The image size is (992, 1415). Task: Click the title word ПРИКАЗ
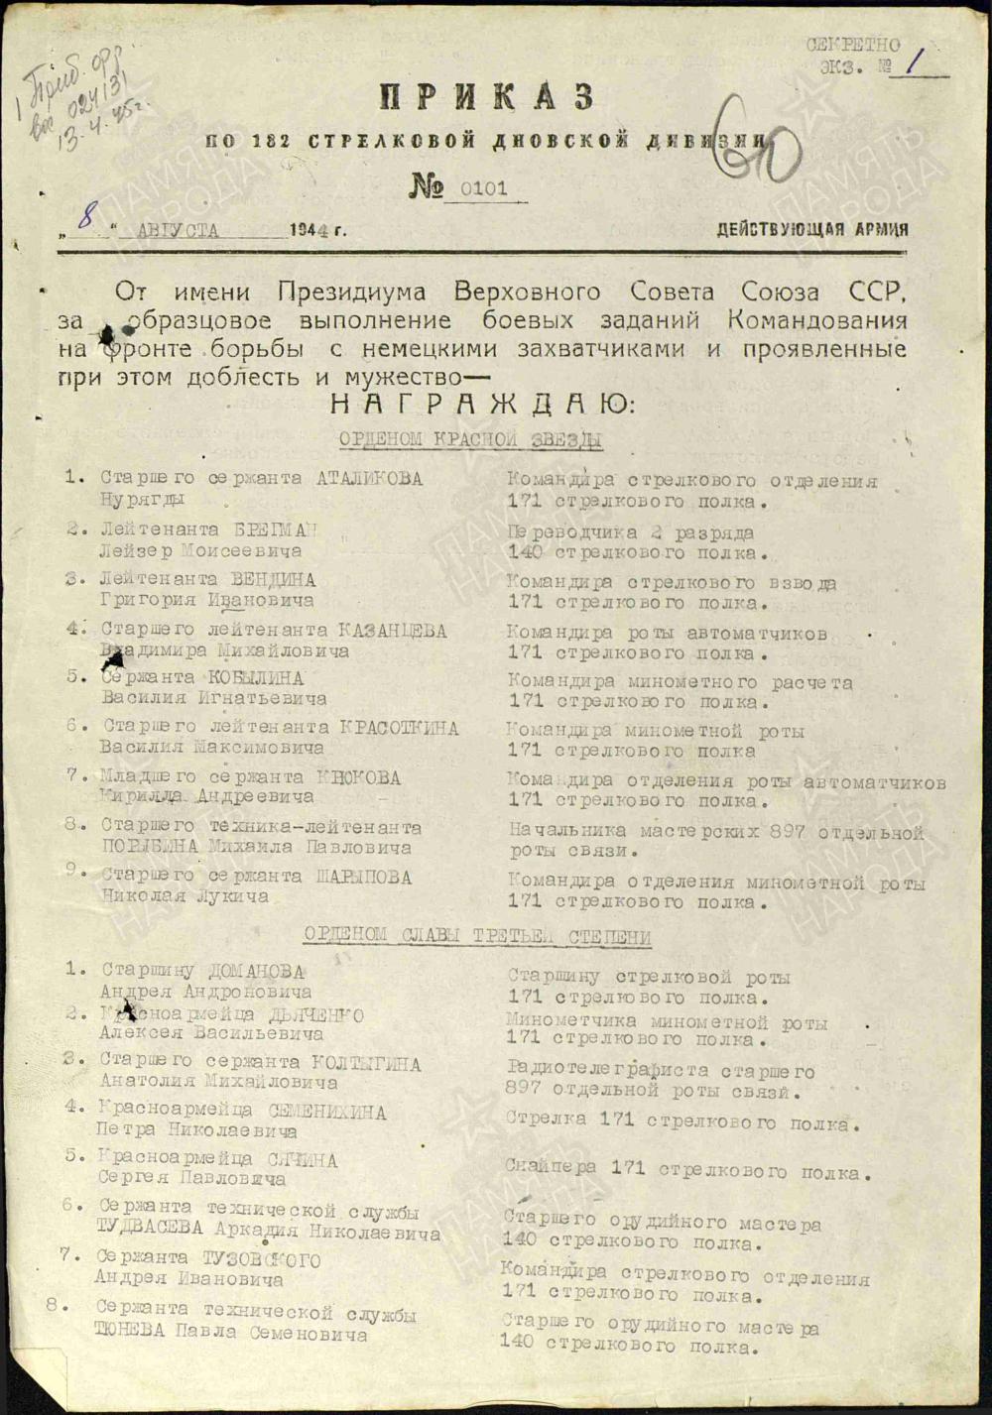(x=487, y=98)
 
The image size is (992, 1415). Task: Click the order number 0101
(x=483, y=187)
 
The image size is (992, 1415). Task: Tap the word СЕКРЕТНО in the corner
(x=853, y=45)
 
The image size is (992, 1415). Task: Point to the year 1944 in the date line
(x=311, y=230)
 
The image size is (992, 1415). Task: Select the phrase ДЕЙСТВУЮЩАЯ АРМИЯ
(x=812, y=230)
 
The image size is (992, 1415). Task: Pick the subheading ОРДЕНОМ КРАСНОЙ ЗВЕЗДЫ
(x=470, y=438)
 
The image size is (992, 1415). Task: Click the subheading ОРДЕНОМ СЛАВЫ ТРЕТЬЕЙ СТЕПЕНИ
(x=477, y=936)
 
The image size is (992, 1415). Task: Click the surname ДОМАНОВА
(x=256, y=972)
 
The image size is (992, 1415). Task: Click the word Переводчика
(x=562, y=533)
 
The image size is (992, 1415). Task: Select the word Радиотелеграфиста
(x=607, y=1071)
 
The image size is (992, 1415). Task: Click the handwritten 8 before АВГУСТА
(x=86, y=217)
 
